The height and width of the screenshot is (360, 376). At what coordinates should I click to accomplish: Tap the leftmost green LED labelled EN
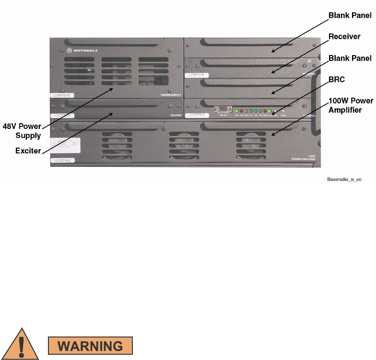(236, 111)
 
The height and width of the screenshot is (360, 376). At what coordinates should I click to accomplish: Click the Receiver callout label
(344, 36)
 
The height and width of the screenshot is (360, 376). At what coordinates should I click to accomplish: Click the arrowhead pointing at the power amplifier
(271, 135)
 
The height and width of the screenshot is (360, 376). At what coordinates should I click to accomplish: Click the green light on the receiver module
(309, 61)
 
